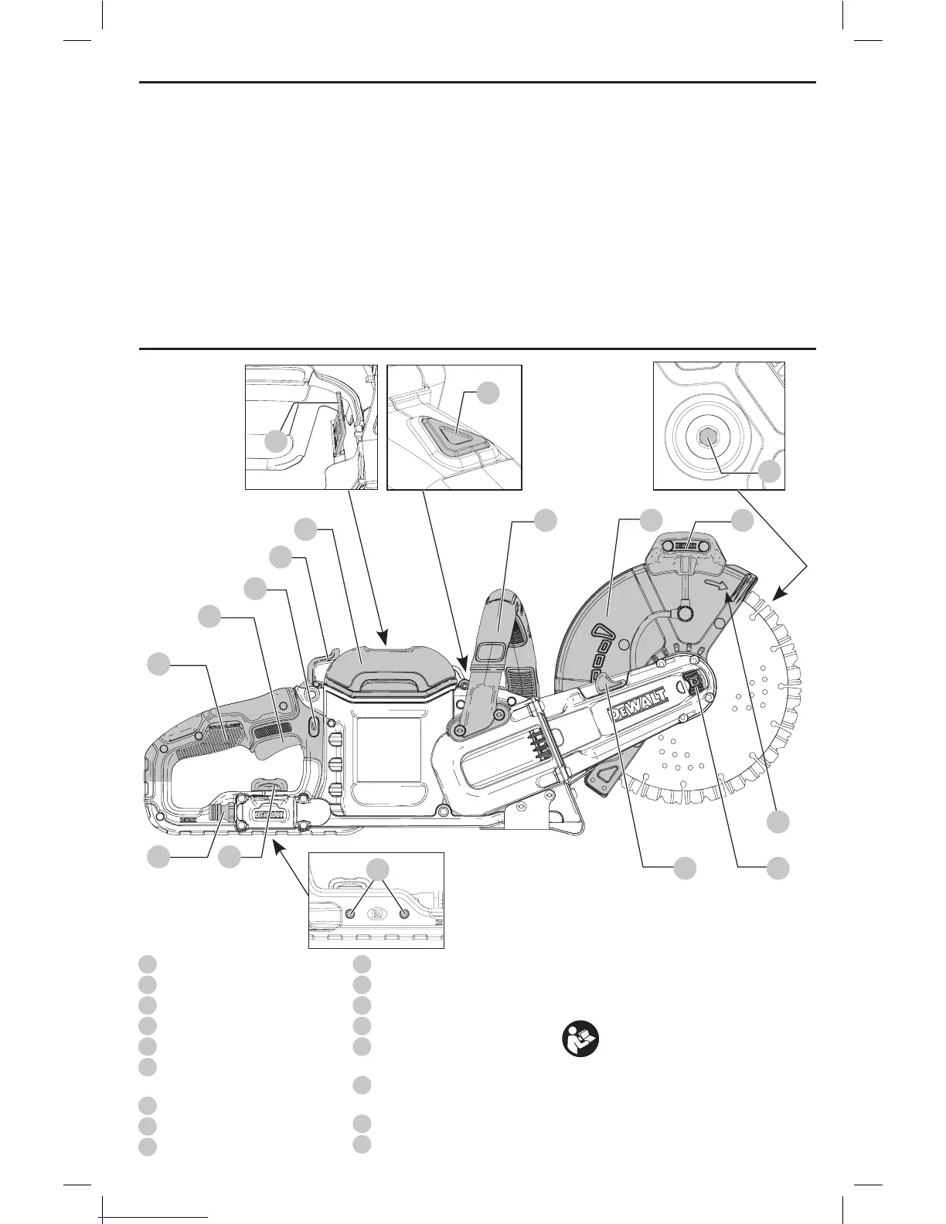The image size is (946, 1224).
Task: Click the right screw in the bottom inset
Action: (403, 913)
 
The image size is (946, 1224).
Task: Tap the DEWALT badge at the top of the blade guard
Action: (686, 545)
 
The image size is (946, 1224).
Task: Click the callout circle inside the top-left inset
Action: (276, 442)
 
